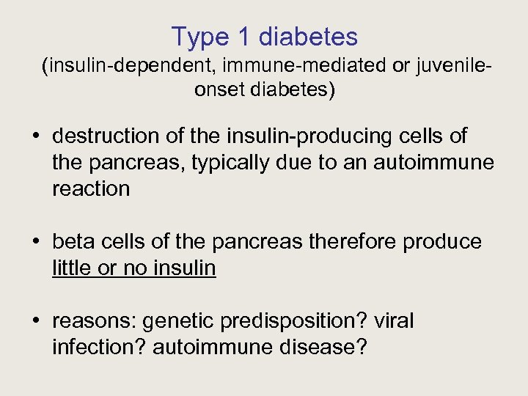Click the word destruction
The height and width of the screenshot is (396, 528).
95,136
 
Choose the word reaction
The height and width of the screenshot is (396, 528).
91,188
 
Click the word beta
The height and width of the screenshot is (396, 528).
73,242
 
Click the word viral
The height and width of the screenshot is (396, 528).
395,321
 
